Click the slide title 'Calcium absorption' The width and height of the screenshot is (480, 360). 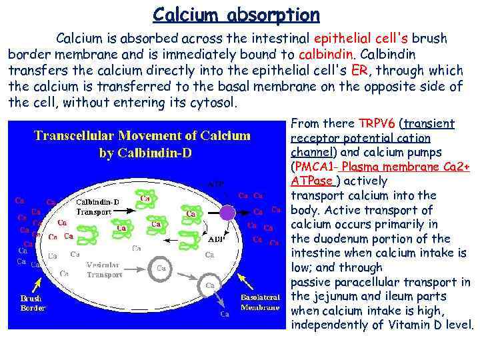pyautogui.click(x=236, y=14)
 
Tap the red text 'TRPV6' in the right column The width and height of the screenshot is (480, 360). pyautogui.click(x=377, y=123)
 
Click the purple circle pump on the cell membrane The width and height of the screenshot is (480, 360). pyautogui.click(x=228, y=213)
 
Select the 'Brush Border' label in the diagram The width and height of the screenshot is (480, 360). pyautogui.click(x=33, y=303)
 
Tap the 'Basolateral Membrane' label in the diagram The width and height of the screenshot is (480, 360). pyautogui.click(x=260, y=303)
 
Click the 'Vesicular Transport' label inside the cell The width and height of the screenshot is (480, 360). pyautogui.click(x=104, y=269)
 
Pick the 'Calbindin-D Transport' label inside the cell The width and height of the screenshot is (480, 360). pyautogui.click(x=98, y=206)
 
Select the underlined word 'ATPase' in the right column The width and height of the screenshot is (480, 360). pyautogui.click(x=313, y=181)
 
